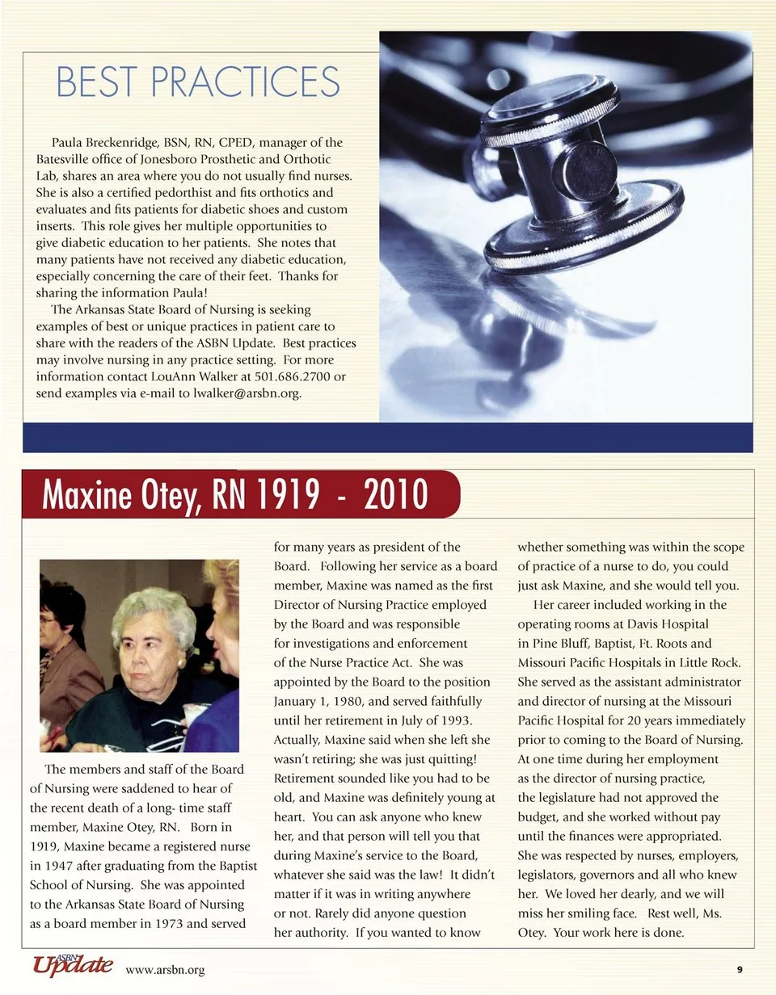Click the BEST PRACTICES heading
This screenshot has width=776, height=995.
pyautogui.click(x=198, y=82)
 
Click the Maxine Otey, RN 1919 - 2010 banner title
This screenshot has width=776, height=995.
pyautogui.click(x=234, y=494)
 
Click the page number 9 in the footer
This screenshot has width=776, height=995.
pyautogui.click(x=740, y=970)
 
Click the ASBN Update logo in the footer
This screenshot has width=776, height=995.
pyautogui.click(x=72, y=965)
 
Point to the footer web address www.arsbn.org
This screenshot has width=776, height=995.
pyautogui.click(x=165, y=970)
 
